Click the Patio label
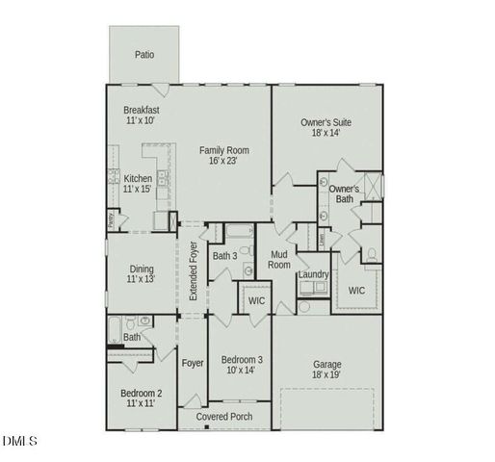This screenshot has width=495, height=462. click(x=144, y=55)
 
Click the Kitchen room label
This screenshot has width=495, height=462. click(x=139, y=184)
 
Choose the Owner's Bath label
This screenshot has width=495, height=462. click(x=344, y=194)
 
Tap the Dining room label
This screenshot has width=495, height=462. click(x=141, y=272)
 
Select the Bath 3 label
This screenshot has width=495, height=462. click(x=224, y=256)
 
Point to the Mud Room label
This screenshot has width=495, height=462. click(x=279, y=259)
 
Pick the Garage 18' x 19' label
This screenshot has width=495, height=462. click(x=327, y=370)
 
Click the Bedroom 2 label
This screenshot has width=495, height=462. click(x=141, y=398)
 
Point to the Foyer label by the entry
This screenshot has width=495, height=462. click(x=194, y=364)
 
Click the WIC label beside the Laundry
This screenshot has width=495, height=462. click(x=356, y=290)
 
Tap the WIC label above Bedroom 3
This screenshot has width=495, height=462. click(x=256, y=301)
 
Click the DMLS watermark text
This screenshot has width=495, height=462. click(x=19, y=442)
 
